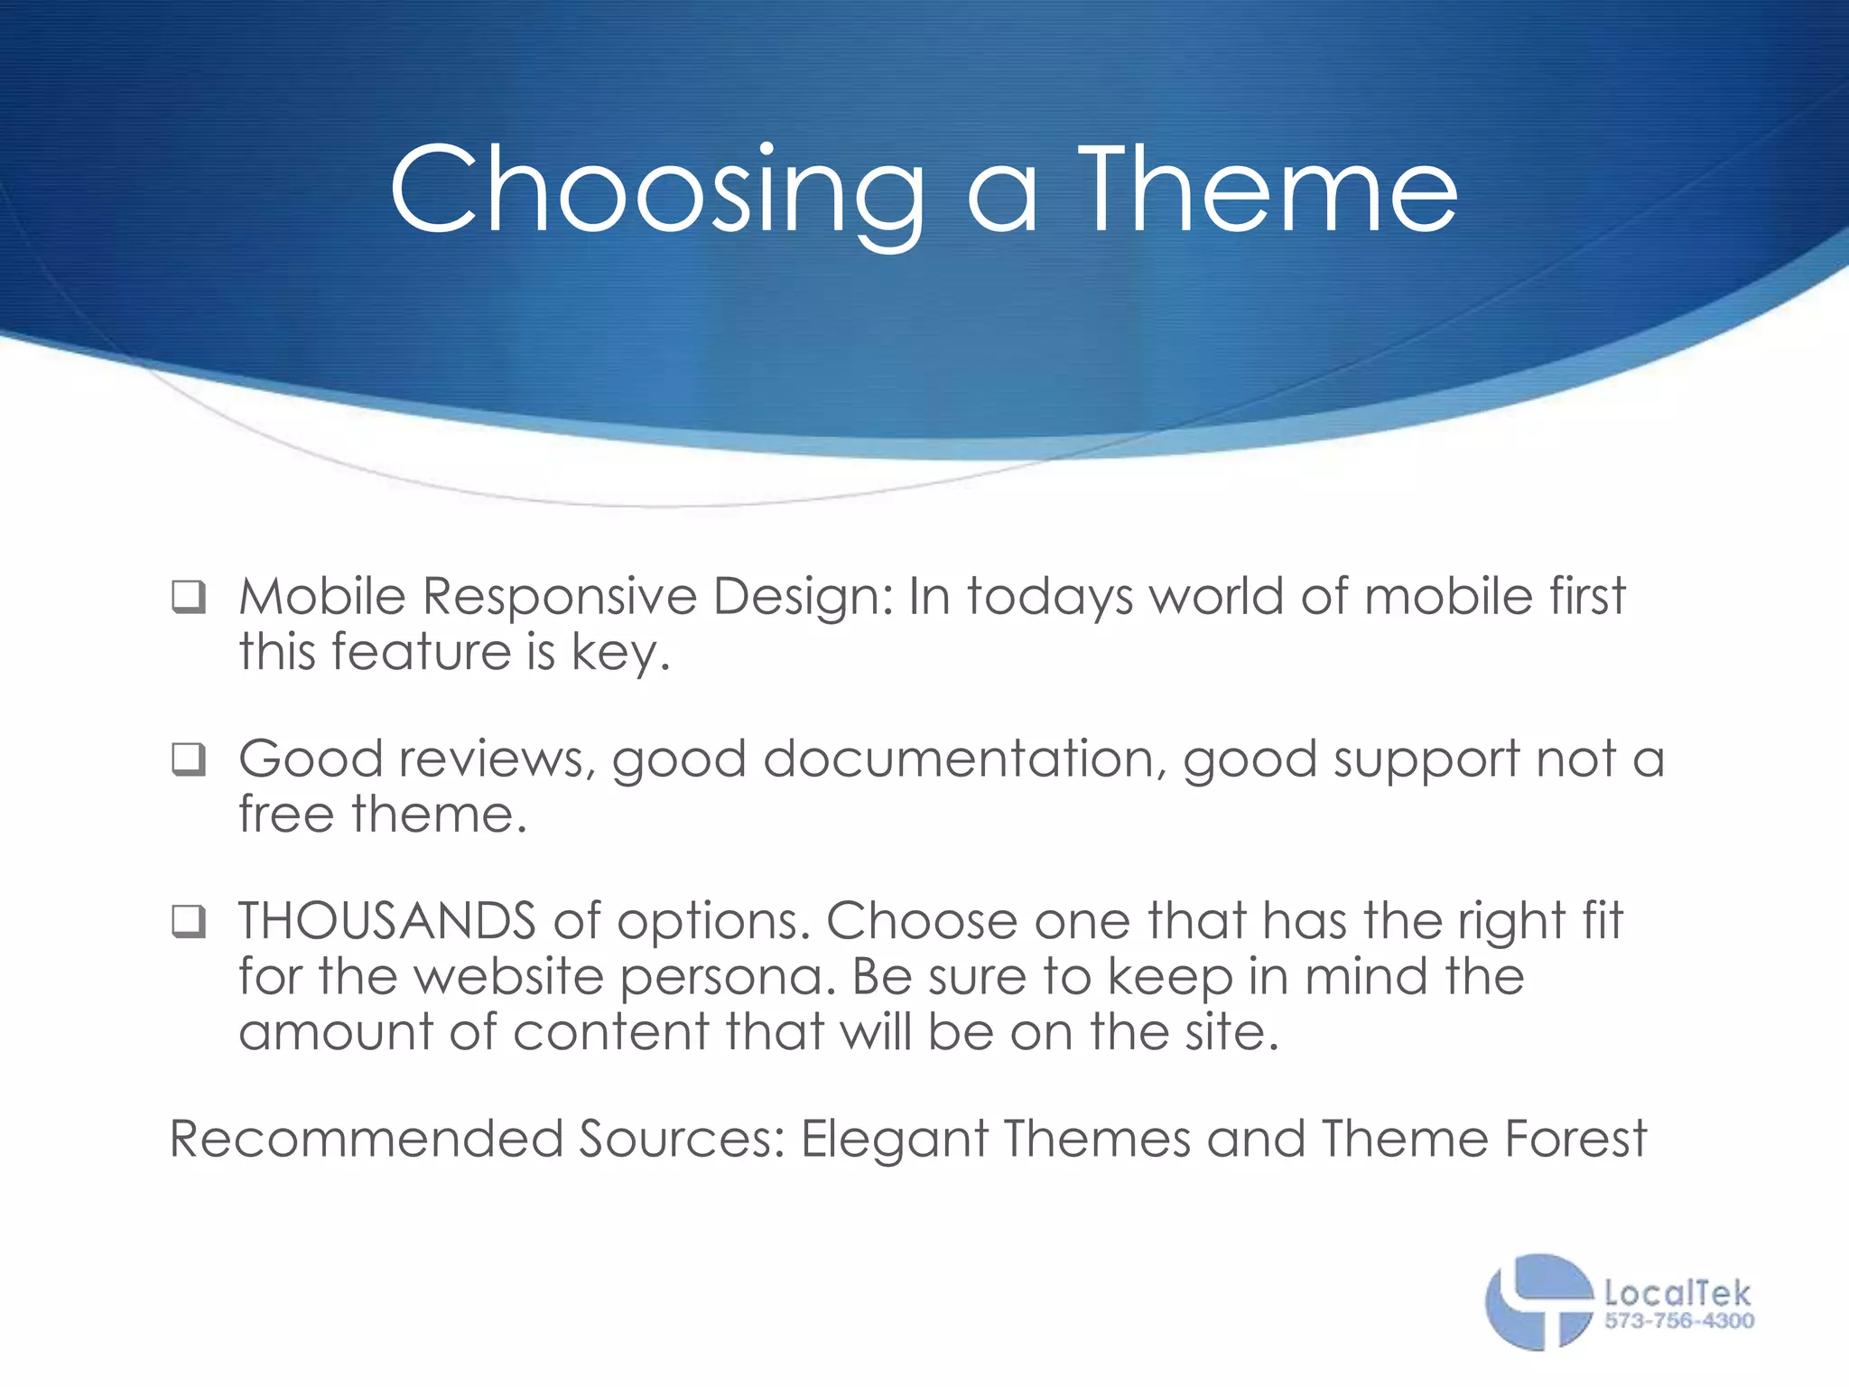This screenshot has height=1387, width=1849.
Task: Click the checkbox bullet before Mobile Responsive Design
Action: pos(189,598)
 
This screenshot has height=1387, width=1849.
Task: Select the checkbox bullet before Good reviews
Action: pos(189,760)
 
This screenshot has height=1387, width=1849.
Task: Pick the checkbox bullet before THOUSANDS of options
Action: pos(189,923)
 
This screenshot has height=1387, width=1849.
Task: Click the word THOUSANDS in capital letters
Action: pos(387,921)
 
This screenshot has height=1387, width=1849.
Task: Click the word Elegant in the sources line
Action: pos(895,1140)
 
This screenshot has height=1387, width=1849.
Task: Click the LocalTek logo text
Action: pos(1677,1293)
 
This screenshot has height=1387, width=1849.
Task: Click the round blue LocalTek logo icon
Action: pos(1538,1301)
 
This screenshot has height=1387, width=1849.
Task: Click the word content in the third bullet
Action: pos(611,1031)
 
